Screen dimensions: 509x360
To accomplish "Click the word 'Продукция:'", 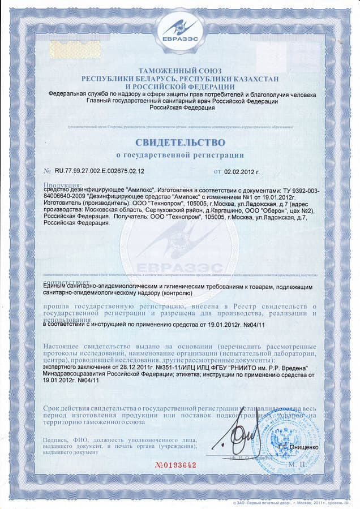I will [62, 185].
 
